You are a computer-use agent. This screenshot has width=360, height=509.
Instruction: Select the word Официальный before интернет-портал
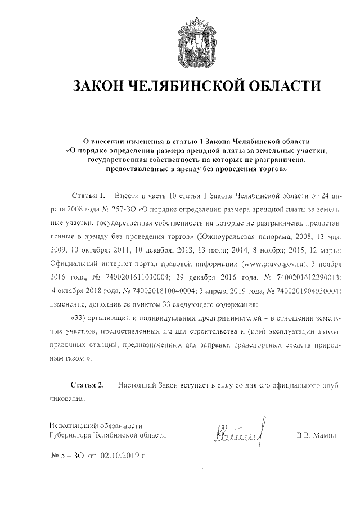(73, 263)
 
